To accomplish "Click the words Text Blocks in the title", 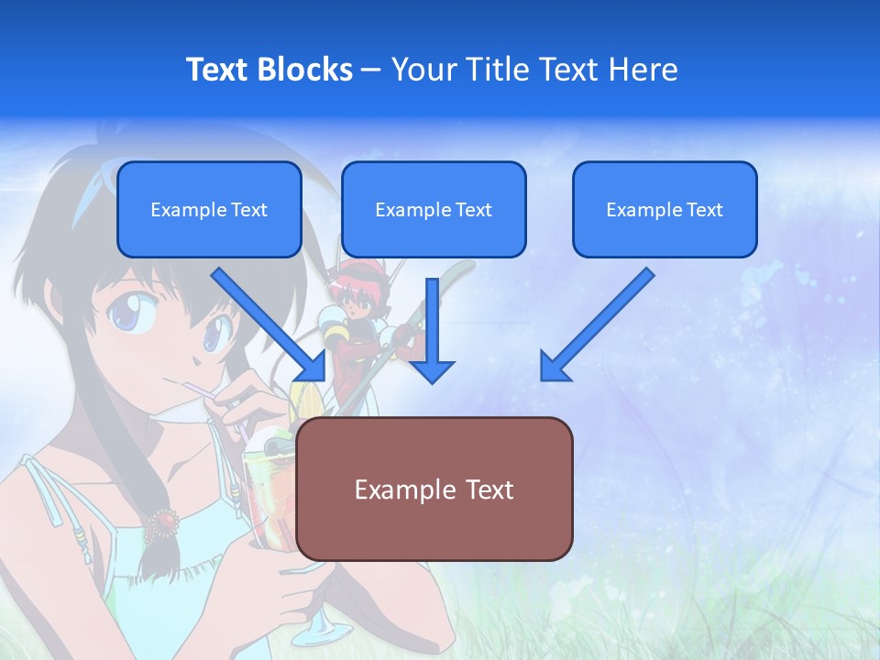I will (269, 70).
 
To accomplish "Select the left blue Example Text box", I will (209, 209).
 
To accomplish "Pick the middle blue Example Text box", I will (434, 209).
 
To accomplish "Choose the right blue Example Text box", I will (665, 209).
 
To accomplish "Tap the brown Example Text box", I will (434, 489).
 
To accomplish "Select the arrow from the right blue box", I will (596, 325).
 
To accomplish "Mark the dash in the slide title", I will (371, 71).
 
